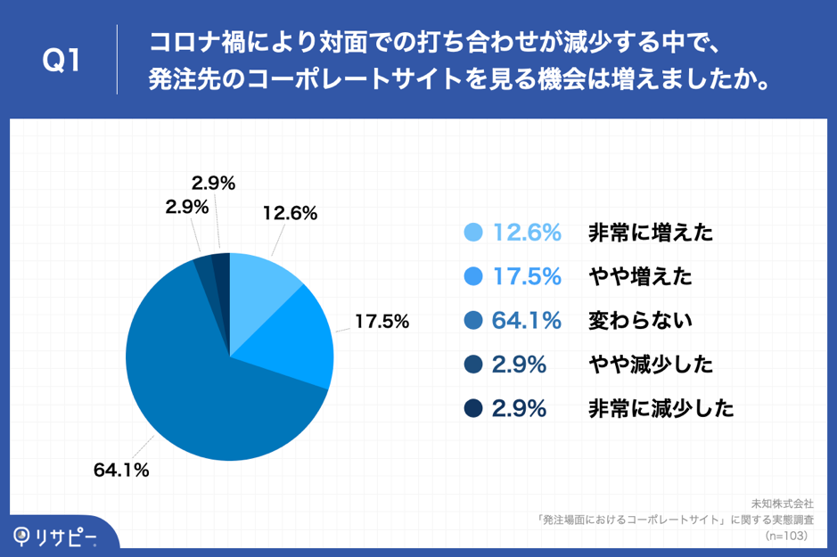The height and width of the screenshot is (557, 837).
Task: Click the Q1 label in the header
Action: [x=62, y=61]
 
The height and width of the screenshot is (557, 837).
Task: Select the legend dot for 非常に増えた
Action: [x=474, y=233]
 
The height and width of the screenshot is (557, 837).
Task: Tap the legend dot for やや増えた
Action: [x=474, y=276]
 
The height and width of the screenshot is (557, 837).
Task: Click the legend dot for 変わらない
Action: [x=474, y=320]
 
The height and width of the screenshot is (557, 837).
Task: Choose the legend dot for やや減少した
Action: [x=474, y=364]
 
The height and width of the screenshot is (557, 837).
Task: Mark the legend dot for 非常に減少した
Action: [x=474, y=408]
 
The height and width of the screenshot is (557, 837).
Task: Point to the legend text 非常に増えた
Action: [x=651, y=233]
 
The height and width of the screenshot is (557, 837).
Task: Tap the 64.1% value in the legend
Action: [x=527, y=320]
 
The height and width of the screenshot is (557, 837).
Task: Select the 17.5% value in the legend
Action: [x=527, y=276]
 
